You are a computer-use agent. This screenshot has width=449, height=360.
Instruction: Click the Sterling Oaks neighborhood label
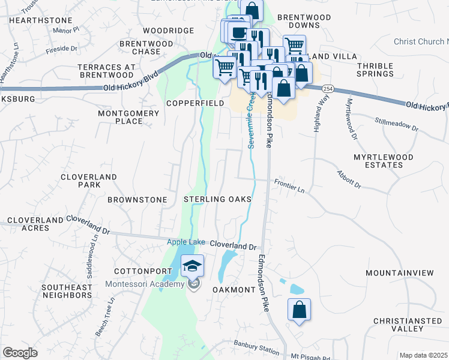coord(217,199)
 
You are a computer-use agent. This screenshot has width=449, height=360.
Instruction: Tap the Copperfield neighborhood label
coord(195,103)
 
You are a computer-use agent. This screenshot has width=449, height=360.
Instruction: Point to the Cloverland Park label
coord(89,181)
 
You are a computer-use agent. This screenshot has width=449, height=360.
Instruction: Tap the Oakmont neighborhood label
coord(234,289)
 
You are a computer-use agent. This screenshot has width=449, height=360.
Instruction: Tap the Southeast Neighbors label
coord(67,291)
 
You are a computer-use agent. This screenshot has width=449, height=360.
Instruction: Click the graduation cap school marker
coord(192,266)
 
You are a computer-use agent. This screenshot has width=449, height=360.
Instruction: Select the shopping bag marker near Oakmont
coord(299,310)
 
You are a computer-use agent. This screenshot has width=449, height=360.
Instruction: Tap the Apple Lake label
coord(186,242)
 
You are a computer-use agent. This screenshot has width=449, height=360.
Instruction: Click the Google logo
coord(20,353)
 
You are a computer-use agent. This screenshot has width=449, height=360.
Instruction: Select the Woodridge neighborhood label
coord(169,31)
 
